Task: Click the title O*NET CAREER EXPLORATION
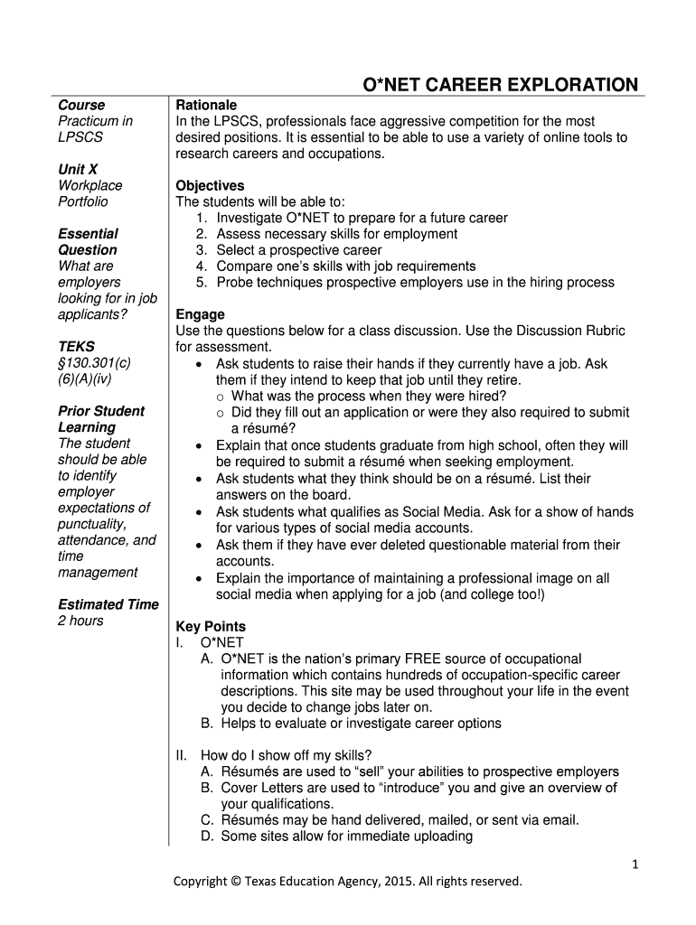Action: (500, 86)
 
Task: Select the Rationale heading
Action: (206, 105)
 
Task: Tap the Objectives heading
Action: (210, 185)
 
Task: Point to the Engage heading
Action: (200, 314)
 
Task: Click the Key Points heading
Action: (211, 626)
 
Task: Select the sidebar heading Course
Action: (81, 105)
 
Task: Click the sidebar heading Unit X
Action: (78, 169)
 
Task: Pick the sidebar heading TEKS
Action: (76, 346)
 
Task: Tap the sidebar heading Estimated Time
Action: (108, 604)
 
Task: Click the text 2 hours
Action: (80, 621)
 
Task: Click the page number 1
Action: (635, 864)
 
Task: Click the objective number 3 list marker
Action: (201, 250)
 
